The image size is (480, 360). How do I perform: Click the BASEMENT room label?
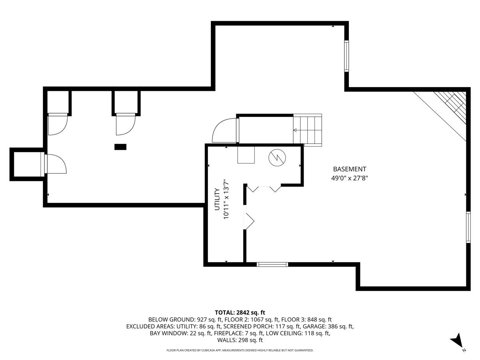(349, 169)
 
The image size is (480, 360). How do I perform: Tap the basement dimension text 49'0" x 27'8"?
(349, 178)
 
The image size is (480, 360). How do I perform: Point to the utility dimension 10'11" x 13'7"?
(226, 199)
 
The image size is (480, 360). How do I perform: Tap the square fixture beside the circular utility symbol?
(246, 155)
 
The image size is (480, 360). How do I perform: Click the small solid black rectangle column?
(120, 147)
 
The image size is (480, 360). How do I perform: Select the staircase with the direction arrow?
(308, 129)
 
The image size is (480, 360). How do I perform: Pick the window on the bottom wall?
(272, 264)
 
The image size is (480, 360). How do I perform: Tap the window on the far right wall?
(468, 227)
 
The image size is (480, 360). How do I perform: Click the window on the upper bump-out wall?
(347, 56)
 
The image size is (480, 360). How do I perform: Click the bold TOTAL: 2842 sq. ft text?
(240, 312)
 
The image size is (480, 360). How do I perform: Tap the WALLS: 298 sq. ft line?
(240, 340)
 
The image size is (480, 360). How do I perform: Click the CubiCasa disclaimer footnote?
(240, 350)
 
